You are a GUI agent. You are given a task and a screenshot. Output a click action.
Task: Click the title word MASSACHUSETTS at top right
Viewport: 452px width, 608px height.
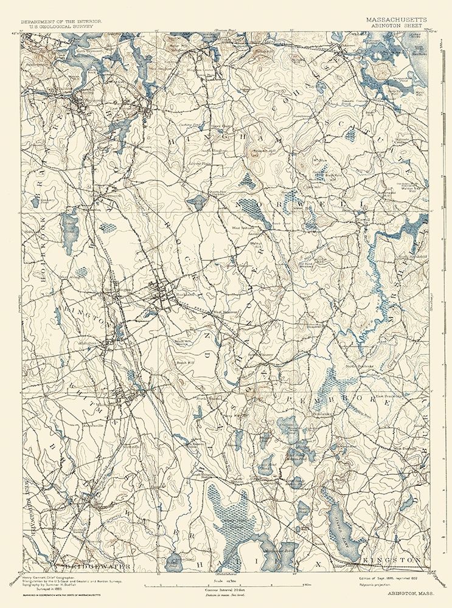click(x=396, y=19)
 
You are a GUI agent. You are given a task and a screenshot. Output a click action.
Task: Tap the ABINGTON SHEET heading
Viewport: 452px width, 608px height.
click(x=396, y=26)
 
